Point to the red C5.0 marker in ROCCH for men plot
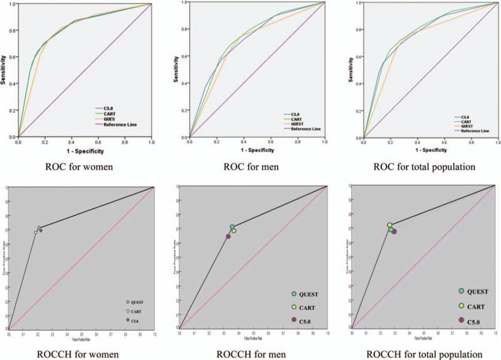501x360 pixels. pyautogui.click(x=229, y=236)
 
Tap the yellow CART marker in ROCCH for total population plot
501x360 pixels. pyautogui.click(x=390, y=225)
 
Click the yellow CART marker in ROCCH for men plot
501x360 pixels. pyautogui.click(x=234, y=231)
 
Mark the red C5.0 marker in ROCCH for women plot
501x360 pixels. pyautogui.click(x=41, y=230)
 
